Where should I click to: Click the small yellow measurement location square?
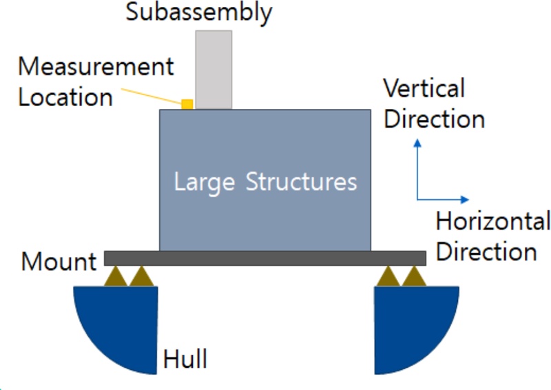coord(187,104)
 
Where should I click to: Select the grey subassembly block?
coord(214,69)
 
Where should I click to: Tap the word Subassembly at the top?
coord(199,12)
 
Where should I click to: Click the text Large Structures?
coord(265,183)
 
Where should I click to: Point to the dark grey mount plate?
coord(265,258)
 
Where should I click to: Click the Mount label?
coord(59,262)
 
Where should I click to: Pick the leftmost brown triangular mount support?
coord(116,277)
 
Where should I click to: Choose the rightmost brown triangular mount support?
coord(414,277)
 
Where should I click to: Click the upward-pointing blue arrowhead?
coord(417,143)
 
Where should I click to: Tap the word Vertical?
coord(424,89)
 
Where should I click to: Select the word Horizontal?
coord(493,222)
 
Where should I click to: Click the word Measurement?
coord(96,68)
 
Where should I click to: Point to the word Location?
coord(65,97)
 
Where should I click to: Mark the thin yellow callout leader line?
coord(153,94)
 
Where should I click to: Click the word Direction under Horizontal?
coord(486,252)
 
